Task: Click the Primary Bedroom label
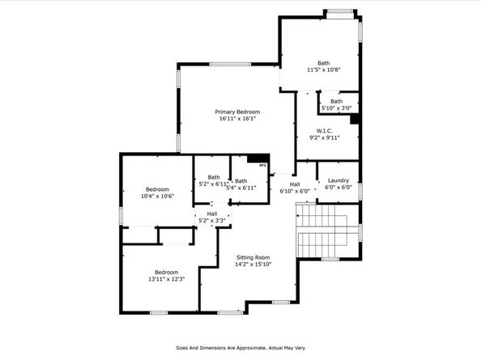click(237, 112)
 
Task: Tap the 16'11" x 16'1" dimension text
click(237, 119)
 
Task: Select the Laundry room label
click(338, 180)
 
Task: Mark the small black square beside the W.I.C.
click(354, 119)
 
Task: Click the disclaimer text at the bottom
click(240, 349)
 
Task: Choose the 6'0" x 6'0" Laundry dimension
click(338, 188)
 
